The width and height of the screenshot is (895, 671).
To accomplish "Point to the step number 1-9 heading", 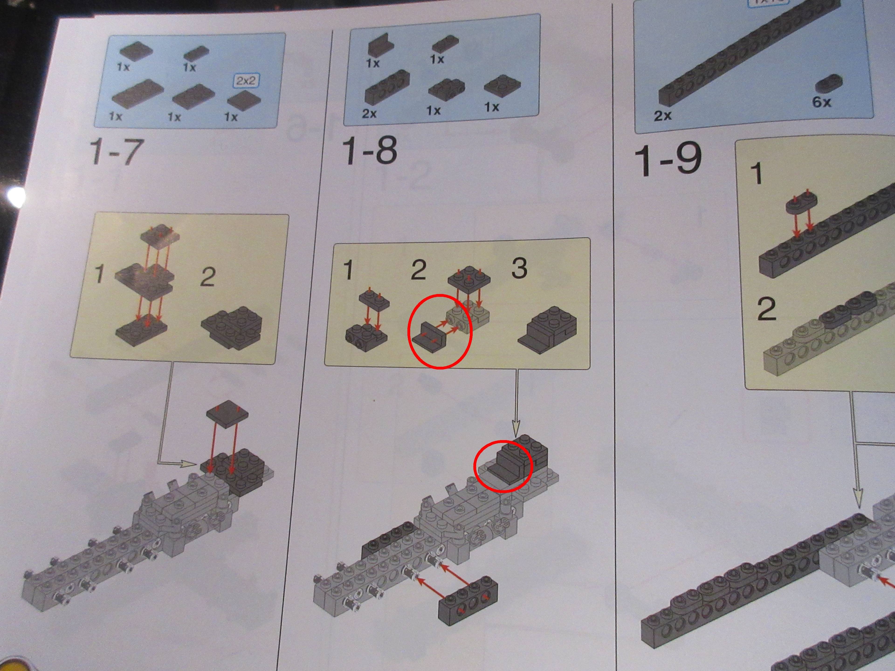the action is [x=667, y=160].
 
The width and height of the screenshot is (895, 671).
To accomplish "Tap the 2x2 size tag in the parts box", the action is [x=246, y=80].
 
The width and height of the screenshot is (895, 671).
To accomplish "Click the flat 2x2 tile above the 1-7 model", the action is [x=227, y=415].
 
